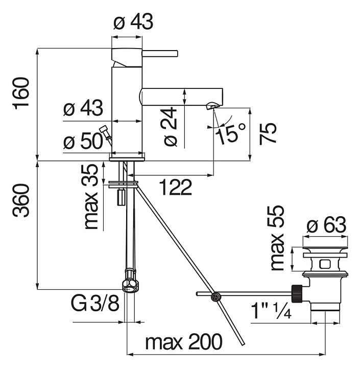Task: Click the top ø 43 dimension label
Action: pyautogui.click(x=133, y=22)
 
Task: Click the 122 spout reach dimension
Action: pyautogui.click(x=175, y=187)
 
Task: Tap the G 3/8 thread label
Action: pyautogui.click(x=95, y=305)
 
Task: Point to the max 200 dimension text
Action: pyautogui.click(x=184, y=342)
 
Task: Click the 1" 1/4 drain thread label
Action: pyautogui.click(x=271, y=310)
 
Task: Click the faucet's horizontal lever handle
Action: pyautogui.click(x=160, y=53)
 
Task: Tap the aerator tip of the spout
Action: pyautogui.click(x=211, y=106)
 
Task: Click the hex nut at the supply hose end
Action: pyautogui.click(x=130, y=285)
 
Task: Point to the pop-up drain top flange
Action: pyautogui.click(x=325, y=251)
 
